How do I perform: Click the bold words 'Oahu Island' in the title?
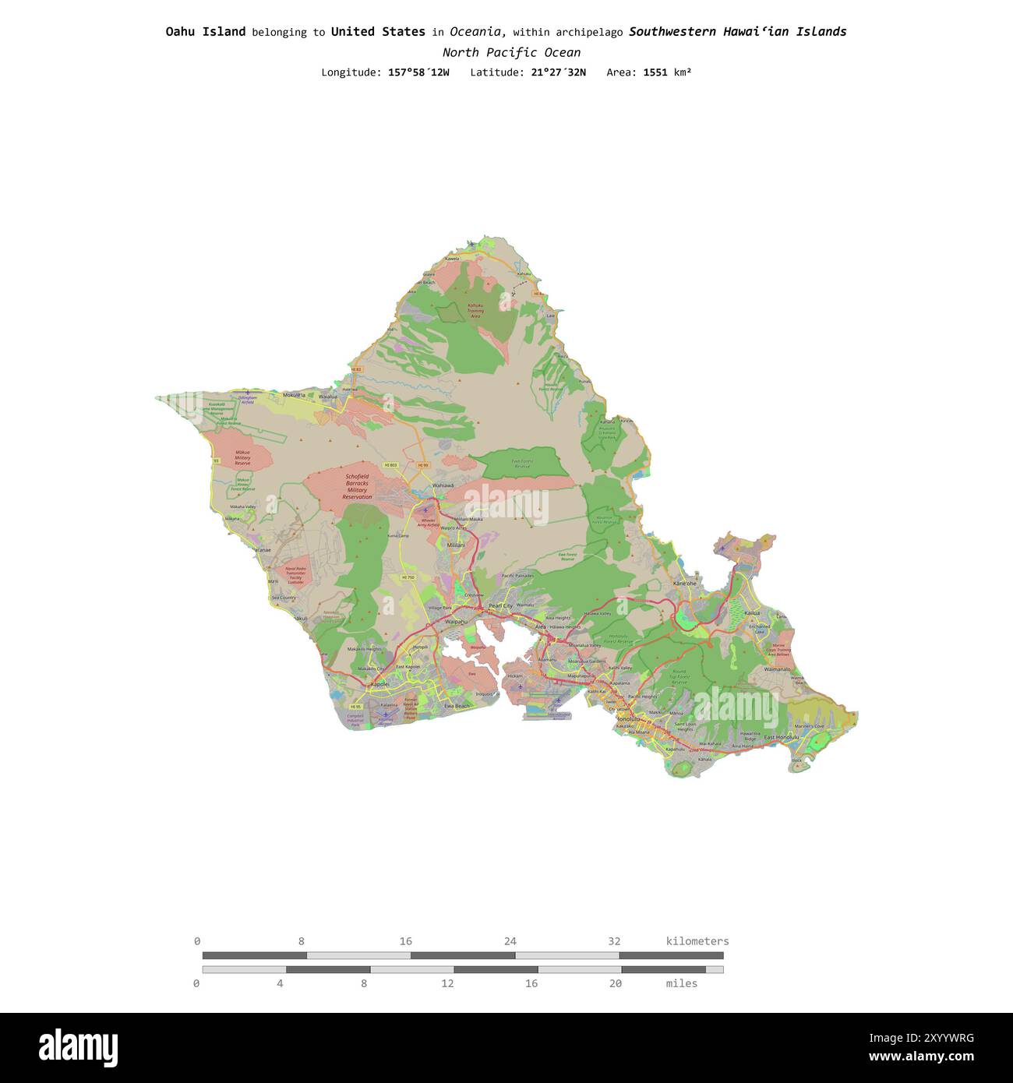coord(205,32)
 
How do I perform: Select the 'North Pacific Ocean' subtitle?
coord(511,53)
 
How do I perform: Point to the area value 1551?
coord(655,72)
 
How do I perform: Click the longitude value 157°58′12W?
coord(418,72)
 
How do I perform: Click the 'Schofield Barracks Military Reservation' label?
coord(357,486)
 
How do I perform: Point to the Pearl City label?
coord(500,605)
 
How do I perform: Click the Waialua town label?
coord(328,397)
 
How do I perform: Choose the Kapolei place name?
coord(379,684)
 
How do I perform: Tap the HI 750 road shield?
coord(408,577)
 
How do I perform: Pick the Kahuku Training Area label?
coord(475,311)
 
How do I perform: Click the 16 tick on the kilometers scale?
coord(406,941)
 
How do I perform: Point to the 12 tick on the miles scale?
coord(447,983)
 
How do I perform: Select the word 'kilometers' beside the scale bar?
coord(697,941)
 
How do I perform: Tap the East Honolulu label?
coord(781,737)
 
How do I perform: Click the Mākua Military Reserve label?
coord(243,458)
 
